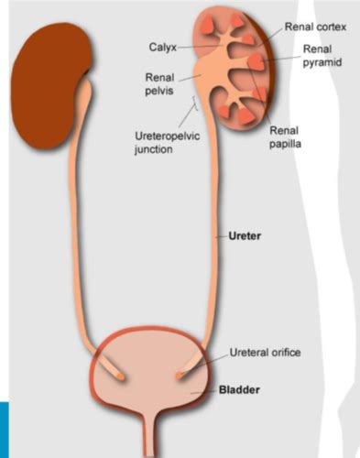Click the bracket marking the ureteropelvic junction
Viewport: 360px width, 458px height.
(x=193, y=111)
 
